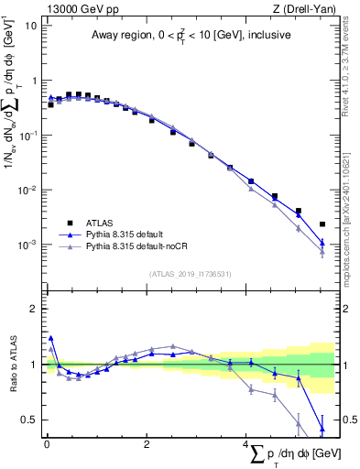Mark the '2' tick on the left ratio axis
click(x=33, y=309)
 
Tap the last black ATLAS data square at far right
click(x=322, y=224)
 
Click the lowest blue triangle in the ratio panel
click(x=322, y=428)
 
